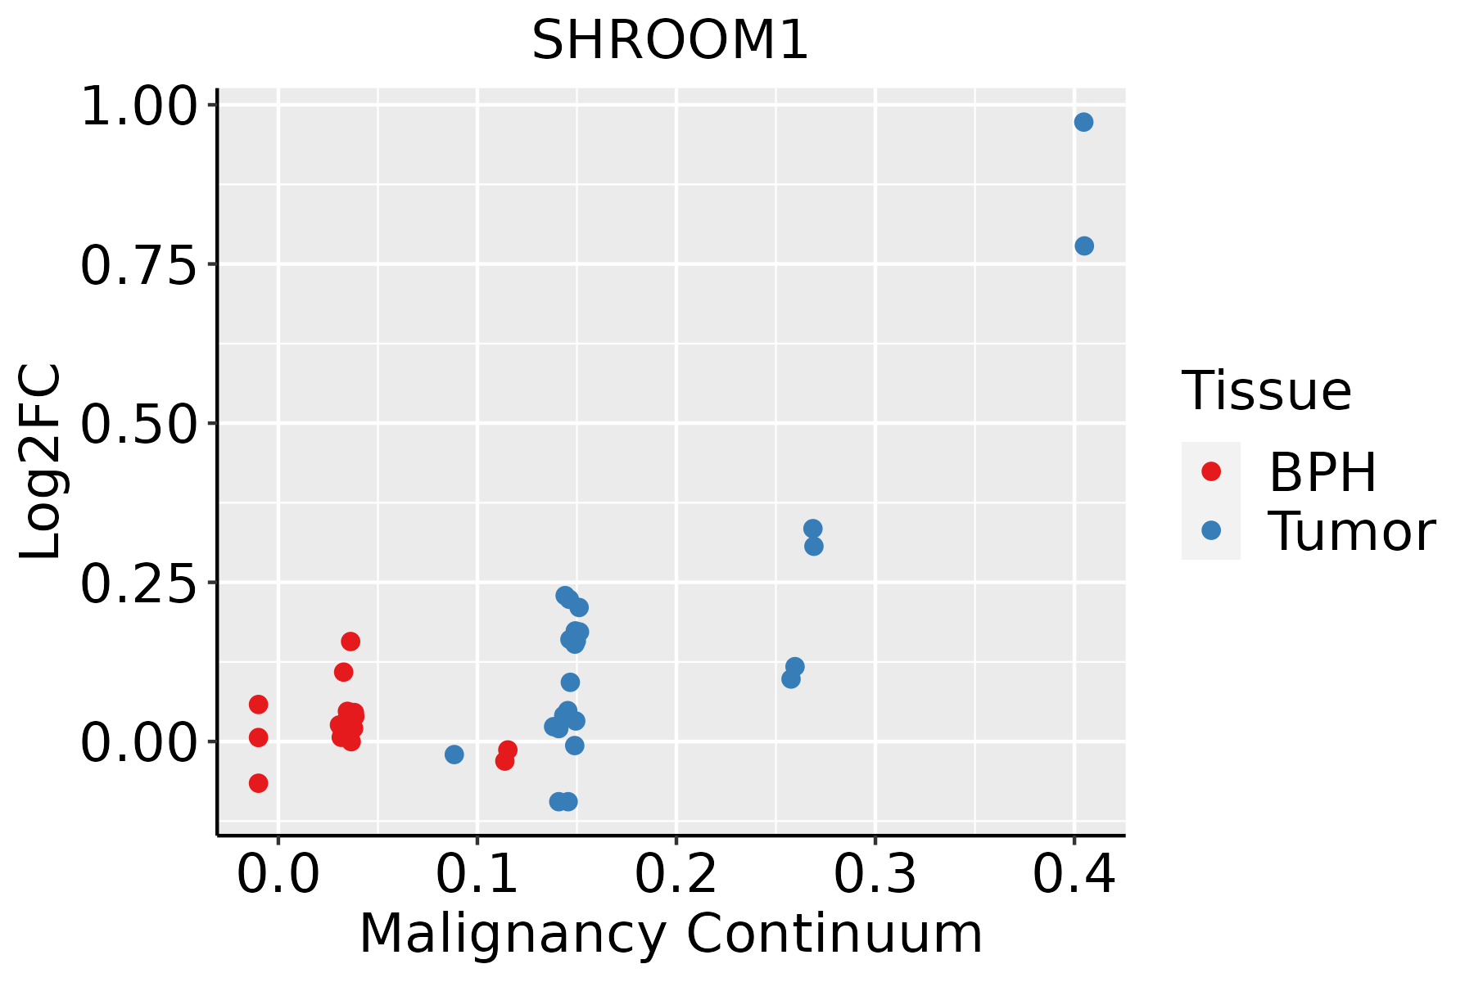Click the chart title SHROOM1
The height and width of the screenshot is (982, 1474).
pyautogui.click(x=670, y=41)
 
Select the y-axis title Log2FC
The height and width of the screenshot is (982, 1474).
pyautogui.click(x=41, y=462)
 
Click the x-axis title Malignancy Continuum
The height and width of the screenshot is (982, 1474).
pyautogui.click(x=670, y=935)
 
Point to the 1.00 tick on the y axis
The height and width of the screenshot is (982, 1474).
pyautogui.click(x=139, y=107)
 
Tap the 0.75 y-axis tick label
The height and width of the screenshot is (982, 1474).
pyautogui.click(x=139, y=266)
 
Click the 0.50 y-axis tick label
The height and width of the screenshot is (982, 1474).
pyautogui.click(x=139, y=425)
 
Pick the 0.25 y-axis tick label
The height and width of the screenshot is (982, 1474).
pyautogui.click(x=139, y=584)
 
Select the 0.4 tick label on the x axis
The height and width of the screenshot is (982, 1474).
pyautogui.click(x=1074, y=875)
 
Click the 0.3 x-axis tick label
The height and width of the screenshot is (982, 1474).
pyautogui.click(x=875, y=875)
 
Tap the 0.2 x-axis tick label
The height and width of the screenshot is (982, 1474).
pyautogui.click(x=676, y=875)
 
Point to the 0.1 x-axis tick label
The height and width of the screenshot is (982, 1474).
pyautogui.click(x=477, y=875)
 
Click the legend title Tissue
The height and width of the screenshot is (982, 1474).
pyautogui.click(x=1266, y=391)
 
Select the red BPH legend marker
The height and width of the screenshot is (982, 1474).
pyautogui.click(x=1210, y=471)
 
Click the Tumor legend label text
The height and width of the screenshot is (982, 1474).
pyautogui.click(x=1351, y=532)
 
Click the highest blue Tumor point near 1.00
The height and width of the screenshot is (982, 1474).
pyautogui.click(x=1083, y=123)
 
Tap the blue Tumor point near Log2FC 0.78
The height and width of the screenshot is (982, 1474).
pyautogui.click(x=1084, y=246)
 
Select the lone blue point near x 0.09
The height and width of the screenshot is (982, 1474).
pyautogui.click(x=454, y=755)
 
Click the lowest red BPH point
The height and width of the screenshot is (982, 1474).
pyautogui.click(x=259, y=784)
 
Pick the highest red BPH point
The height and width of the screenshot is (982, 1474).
pyautogui.click(x=350, y=642)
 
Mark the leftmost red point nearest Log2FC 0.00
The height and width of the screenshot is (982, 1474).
pyautogui.click(x=259, y=738)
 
